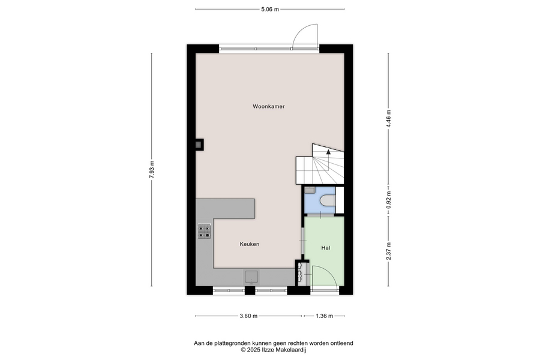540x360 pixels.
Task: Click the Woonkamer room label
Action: tap(269, 106)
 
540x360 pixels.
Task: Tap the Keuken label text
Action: tap(250, 244)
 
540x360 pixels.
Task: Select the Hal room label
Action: tap(326, 248)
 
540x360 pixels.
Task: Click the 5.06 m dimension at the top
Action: tap(270, 10)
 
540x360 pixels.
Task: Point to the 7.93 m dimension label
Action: tap(152, 169)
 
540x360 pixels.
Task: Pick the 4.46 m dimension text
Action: tap(388, 119)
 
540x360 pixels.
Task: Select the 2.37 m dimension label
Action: tap(388, 251)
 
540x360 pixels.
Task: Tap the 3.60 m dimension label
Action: tap(248, 316)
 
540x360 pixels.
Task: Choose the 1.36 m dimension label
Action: tap(325, 316)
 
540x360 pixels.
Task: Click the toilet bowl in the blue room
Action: tap(328, 200)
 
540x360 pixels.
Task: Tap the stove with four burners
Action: tap(204, 231)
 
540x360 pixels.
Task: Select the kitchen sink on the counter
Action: tap(251, 277)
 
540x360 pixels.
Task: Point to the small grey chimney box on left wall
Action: tap(199, 145)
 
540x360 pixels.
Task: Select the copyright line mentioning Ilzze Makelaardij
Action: tap(274, 350)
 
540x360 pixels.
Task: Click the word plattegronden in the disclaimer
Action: tap(232, 343)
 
